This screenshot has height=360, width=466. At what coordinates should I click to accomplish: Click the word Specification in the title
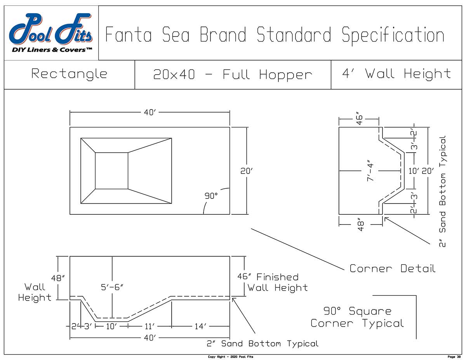pyautogui.click(x=393, y=35)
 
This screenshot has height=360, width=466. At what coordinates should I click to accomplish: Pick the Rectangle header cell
pyautogui.click(x=69, y=74)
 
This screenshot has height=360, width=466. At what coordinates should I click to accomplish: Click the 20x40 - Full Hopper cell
pyautogui.click(x=233, y=74)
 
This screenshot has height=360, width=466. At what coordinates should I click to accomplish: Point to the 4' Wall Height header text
pyautogui.click(x=396, y=73)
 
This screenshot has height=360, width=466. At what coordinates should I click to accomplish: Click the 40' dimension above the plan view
pyautogui.click(x=150, y=113)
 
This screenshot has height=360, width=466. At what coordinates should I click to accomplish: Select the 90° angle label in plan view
pyautogui.click(x=211, y=196)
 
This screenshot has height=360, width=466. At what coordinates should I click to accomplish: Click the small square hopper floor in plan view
pyautogui.click(x=111, y=171)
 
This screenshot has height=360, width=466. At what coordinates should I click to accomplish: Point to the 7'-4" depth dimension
pyautogui.click(x=370, y=171)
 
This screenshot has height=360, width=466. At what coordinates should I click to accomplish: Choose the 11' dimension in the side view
pyautogui.click(x=149, y=326)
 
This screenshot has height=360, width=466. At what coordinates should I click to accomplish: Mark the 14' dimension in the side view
pyautogui.click(x=200, y=326)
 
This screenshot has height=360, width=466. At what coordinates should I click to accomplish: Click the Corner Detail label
pyautogui.click(x=392, y=268)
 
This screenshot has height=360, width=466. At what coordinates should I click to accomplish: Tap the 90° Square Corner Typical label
pyautogui.click(x=357, y=317)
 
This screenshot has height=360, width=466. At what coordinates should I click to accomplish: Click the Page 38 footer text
pyautogui.click(x=454, y=357)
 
